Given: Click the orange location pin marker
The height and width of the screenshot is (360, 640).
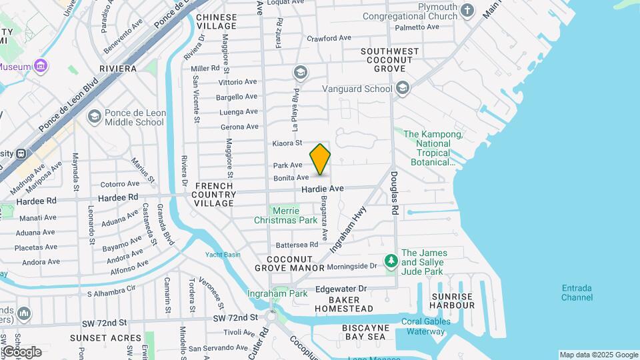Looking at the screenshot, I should coord(320,159).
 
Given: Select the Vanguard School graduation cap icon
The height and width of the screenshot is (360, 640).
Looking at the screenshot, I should coord(402,88).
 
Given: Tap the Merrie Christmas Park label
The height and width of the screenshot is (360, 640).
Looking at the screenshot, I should coord(286,215).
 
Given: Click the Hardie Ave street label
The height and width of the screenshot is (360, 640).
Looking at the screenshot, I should coord(322,189).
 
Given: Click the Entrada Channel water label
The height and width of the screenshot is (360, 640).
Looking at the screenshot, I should coord(577,293).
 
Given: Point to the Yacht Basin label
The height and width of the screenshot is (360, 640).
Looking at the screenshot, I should coord(223,255).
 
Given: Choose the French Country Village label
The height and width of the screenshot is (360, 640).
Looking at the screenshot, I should coord(215,194).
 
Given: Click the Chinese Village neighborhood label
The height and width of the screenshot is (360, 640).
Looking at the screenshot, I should coord(217,21).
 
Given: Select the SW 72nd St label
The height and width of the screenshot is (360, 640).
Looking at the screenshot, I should coord(235,317).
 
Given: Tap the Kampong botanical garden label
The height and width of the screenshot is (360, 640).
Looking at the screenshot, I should coord(433,148).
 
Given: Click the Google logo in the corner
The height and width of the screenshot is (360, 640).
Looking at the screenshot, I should coord(22,351).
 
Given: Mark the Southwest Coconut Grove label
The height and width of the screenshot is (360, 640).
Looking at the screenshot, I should coord(390,60).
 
